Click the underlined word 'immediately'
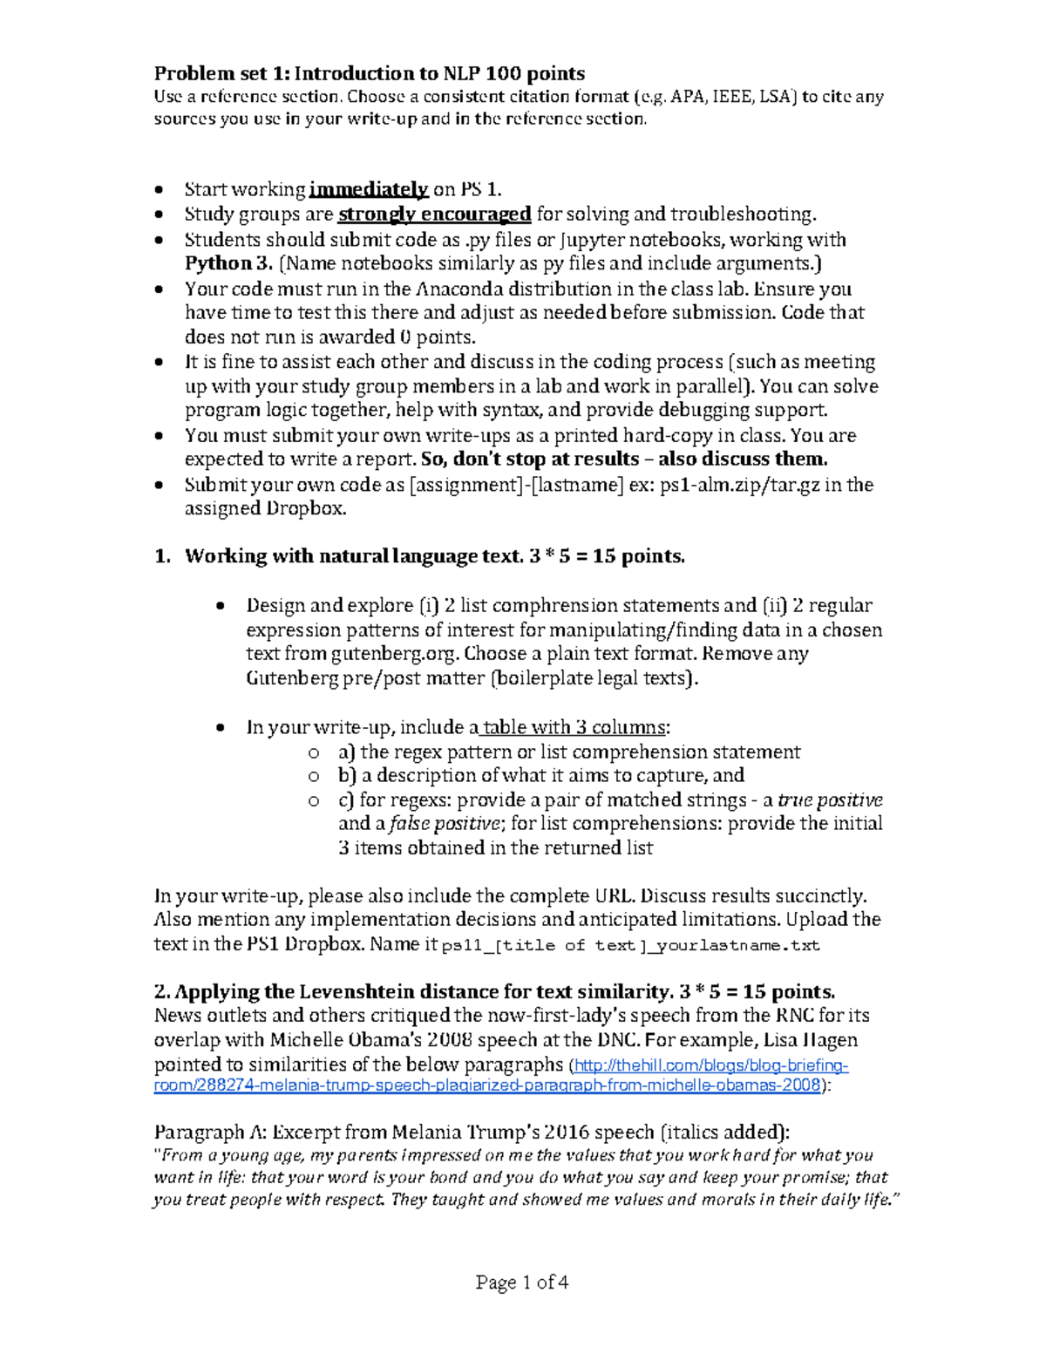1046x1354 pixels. coord(368,190)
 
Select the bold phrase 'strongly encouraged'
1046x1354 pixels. coord(434,214)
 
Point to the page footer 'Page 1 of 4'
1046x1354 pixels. coord(522,1282)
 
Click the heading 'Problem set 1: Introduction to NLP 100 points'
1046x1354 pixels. coord(369,73)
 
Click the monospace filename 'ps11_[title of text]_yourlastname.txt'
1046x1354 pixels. coord(631,945)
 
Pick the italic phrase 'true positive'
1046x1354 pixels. coord(830,800)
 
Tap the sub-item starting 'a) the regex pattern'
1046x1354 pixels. coord(568,752)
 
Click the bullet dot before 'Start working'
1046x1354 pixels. coord(158,190)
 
